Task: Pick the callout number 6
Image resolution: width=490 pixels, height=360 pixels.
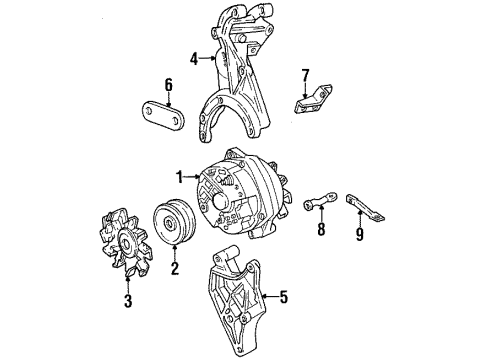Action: pos(168,86)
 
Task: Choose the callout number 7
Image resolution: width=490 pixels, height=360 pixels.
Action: pos(307,74)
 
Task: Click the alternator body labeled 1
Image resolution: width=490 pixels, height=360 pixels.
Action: pos(245,195)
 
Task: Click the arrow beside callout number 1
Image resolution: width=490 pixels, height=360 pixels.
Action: pos(192,177)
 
